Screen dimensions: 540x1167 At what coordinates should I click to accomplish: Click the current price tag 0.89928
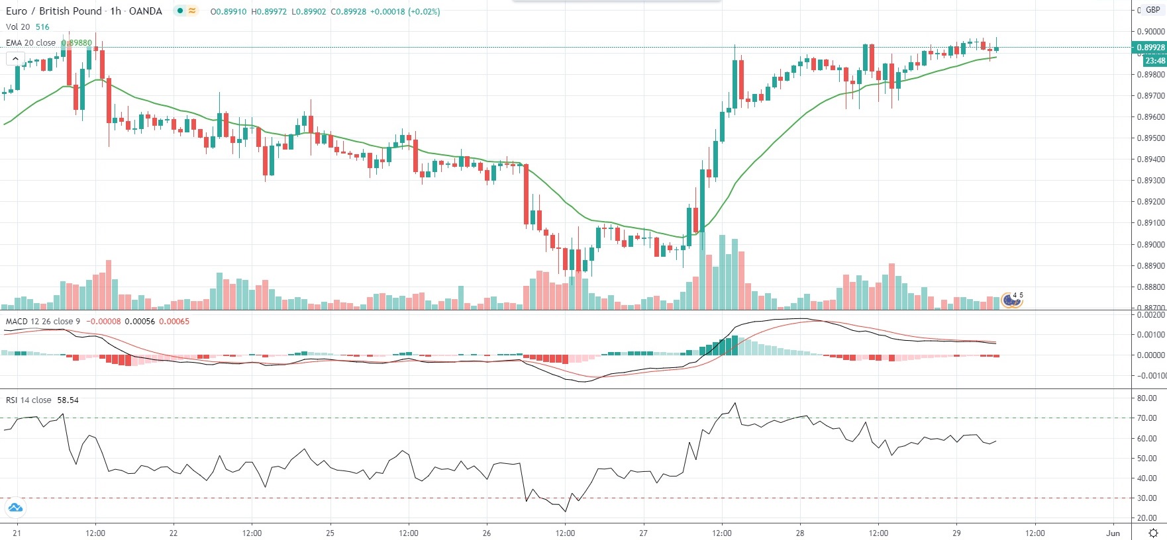pyautogui.click(x=1150, y=48)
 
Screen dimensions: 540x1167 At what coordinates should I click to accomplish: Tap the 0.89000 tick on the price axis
pyautogui.click(x=1150, y=244)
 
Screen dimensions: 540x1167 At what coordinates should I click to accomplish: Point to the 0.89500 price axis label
pyautogui.click(x=1150, y=138)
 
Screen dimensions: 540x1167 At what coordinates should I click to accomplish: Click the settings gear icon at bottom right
pyautogui.click(x=1153, y=533)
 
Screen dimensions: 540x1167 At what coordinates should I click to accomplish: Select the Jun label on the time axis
pyautogui.click(x=1113, y=533)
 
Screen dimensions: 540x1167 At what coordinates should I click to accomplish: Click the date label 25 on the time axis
pyautogui.click(x=330, y=533)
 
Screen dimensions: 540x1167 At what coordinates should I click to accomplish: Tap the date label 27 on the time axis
pyautogui.click(x=643, y=533)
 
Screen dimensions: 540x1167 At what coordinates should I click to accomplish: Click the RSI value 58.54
pyautogui.click(x=68, y=400)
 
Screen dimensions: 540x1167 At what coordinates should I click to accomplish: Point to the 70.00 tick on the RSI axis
pyautogui.click(x=1147, y=418)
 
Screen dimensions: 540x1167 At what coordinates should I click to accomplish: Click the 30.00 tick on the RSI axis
pyautogui.click(x=1147, y=498)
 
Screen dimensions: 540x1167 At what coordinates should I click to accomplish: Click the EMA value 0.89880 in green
pyautogui.click(x=77, y=43)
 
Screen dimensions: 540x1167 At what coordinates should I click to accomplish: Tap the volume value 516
pyautogui.click(x=42, y=27)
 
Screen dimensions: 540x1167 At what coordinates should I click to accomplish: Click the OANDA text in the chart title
pyautogui.click(x=146, y=11)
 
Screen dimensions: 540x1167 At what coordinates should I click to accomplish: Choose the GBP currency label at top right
pyautogui.click(x=1153, y=10)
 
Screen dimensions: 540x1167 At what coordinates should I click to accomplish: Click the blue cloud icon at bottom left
pyautogui.click(x=15, y=508)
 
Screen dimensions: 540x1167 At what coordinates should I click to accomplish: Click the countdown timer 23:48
pyautogui.click(x=1155, y=61)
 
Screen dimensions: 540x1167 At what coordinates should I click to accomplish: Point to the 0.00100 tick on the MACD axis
pyautogui.click(x=1150, y=335)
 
